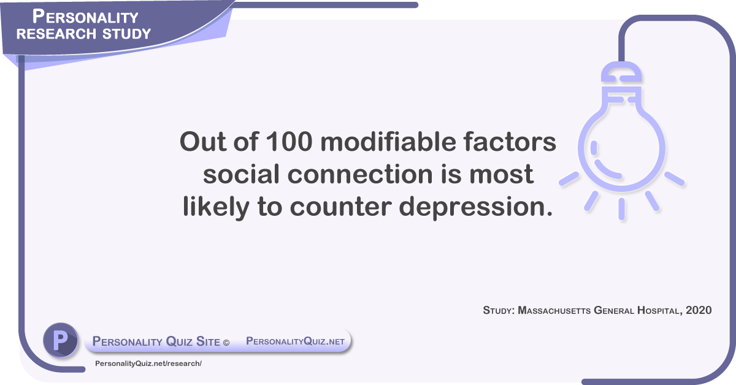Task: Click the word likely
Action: coord(214,207)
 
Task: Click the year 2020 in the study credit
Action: coord(699,310)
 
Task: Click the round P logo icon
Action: coord(60,340)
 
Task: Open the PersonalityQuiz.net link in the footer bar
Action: coord(296,341)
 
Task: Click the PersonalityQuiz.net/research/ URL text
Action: coord(148,364)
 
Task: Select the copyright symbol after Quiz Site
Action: coord(226,342)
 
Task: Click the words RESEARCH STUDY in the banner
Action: coord(83,33)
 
